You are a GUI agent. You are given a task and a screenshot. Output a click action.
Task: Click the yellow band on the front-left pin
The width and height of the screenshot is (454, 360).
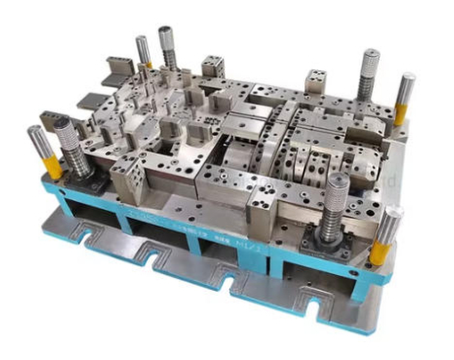click(52, 167)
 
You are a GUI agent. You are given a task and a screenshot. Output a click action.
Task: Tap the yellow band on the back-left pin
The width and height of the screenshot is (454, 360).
click(145, 63)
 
